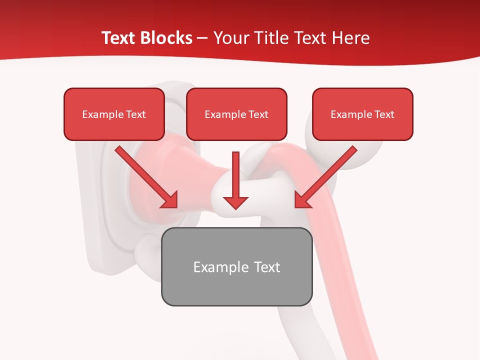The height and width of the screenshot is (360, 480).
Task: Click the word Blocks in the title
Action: (165, 38)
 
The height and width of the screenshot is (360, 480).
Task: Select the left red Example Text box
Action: (114, 114)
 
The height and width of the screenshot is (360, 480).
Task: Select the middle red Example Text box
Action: (236, 114)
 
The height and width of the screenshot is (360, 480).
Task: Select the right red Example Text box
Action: (362, 114)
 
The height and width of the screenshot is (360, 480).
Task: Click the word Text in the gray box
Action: (267, 267)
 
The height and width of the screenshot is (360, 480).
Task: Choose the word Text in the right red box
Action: (384, 114)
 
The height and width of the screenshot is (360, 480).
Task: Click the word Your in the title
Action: (231, 38)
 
